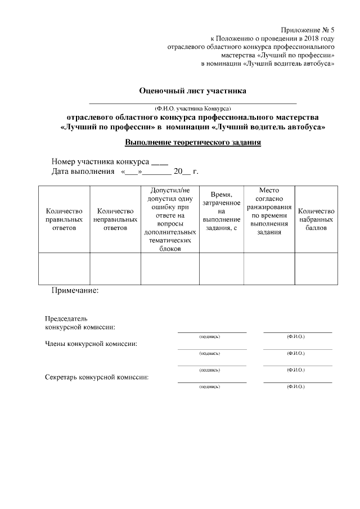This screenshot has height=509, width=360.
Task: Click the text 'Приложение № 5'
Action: [x=308, y=29]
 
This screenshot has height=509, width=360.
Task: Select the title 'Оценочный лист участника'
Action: [x=193, y=91]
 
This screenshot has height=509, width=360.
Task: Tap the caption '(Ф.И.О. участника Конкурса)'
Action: [x=193, y=107]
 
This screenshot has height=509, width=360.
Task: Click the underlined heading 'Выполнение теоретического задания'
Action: [x=193, y=143]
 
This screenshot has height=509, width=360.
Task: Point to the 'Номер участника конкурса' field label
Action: [x=100, y=161]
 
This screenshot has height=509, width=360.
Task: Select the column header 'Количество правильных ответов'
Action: [x=64, y=219]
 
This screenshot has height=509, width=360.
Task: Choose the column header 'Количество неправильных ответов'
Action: [x=115, y=219]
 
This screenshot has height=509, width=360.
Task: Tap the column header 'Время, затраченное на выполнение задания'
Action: [x=222, y=219]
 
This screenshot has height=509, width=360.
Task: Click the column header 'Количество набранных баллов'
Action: [x=316, y=219]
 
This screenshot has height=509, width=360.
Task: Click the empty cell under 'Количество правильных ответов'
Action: [x=64, y=269]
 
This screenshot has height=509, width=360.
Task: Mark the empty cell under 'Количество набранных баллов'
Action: [x=316, y=269]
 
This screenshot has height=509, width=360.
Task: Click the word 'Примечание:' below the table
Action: [x=75, y=291]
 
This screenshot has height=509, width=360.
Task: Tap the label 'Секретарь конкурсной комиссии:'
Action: [x=97, y=377]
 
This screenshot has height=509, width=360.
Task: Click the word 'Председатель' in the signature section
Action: [x=66, y=318]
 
